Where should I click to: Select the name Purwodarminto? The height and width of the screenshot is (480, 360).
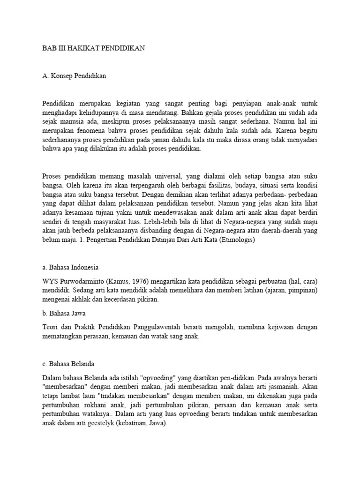[x=78, y=281]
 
